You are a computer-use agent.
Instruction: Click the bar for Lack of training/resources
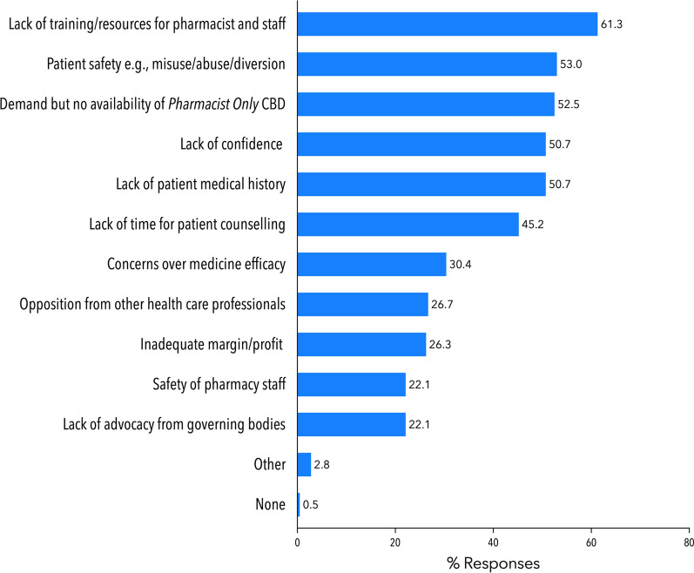(447, 24)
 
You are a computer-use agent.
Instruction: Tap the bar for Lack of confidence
(421, 144)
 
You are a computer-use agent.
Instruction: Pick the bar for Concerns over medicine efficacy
(372, 264)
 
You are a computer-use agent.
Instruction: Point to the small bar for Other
(304, 464)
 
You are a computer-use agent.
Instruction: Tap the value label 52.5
(568, 104)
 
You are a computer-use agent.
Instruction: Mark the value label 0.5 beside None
(311, 505)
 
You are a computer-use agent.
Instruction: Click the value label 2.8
(322, 465)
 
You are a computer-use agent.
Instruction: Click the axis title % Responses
(493, 563)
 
